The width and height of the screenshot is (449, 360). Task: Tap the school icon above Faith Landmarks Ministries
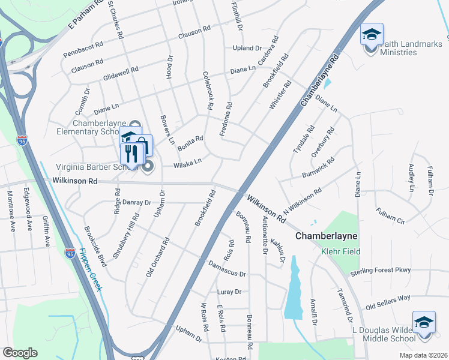tap(372, 34)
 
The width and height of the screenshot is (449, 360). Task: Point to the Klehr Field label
tap(340, 251)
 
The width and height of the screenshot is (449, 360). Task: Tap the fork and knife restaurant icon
tap(131, 154)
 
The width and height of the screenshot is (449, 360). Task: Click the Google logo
tap(20, 353)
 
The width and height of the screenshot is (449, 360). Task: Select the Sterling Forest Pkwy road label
tap(381, 270)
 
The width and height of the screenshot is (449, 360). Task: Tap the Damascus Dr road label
tap(227, 269)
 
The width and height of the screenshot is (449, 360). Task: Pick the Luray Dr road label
tap(229, 292)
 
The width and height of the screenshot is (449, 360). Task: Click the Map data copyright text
tap(424, 355)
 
